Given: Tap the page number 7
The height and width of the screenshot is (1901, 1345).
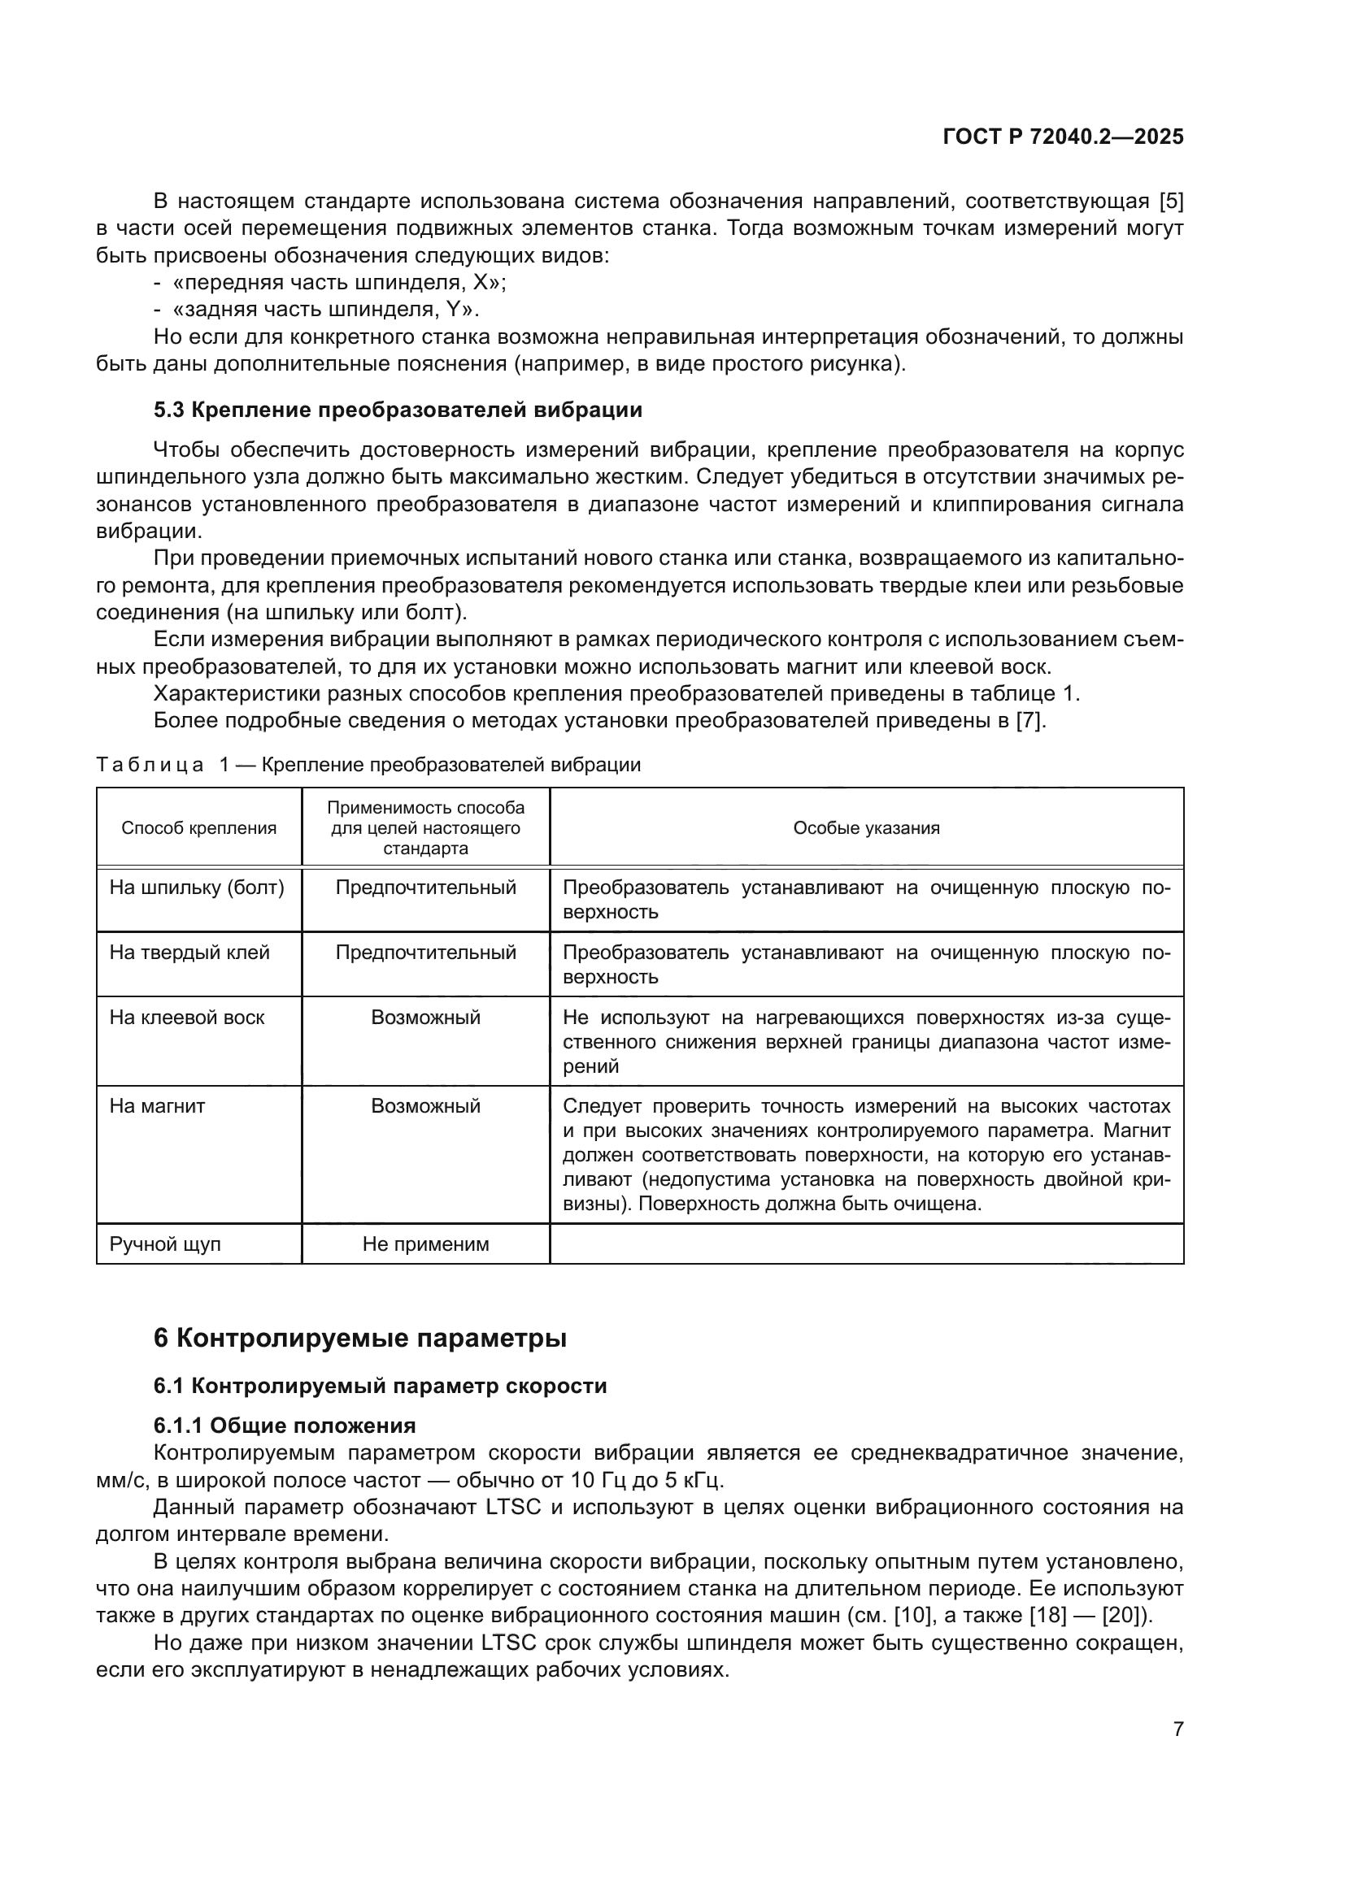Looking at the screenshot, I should pyautogui.click(x=1177, y=1729).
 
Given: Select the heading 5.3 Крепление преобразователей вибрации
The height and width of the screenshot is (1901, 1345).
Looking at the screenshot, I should pyautogui.click(x=398, y=410).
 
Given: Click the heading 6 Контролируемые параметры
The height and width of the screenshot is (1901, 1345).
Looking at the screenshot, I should pyautogui.click(x=359, y=1338).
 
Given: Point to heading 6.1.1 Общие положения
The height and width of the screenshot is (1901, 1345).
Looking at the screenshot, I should pyautogui.click(x=284, y=1426).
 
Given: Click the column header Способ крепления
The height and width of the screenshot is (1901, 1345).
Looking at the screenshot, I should pyautogui.click(x=198, y=828).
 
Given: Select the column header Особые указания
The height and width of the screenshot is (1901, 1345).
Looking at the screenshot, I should pyautogui.click(x=866, y=828).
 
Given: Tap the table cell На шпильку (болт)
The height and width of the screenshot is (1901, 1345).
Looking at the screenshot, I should pyautogui.click(x=197, y=888).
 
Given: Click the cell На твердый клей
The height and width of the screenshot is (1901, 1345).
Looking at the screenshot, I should pyautogui.click(x=189, y=953).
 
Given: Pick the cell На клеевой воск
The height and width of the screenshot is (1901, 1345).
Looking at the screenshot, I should pyautogui.click(x=187, y=1018).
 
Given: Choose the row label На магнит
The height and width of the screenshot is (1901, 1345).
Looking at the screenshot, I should pyautogui.click(x=158, y=1106).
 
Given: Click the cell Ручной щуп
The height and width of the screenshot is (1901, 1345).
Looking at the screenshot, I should pyautogui.click(x=165, y=1244).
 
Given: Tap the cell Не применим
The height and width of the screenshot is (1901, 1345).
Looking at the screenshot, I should pyautogui.click(x=425, y=1244).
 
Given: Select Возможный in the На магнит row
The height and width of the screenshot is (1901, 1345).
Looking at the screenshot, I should pyautogui.click(x=425, y=1106).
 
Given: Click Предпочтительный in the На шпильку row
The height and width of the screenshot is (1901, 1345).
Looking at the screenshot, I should pyautogui.click(x=425, y=888).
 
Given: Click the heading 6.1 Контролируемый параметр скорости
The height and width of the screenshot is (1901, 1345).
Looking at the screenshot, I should pyautogui.click(x=380, y=1386).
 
